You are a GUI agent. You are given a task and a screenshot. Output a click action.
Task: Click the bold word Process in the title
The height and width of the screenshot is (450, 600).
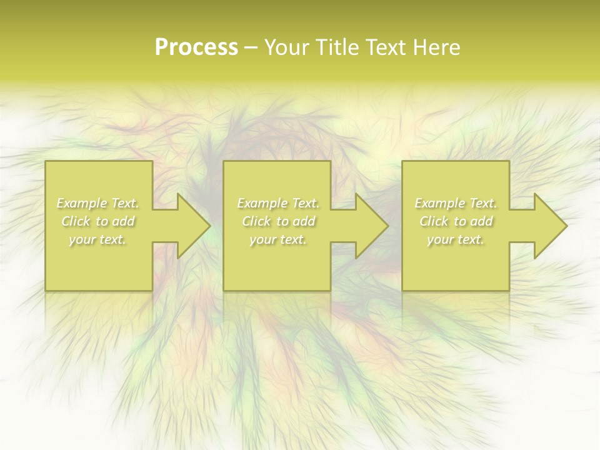[196, 47]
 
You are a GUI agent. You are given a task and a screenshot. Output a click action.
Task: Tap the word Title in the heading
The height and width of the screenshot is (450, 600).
[337, 47]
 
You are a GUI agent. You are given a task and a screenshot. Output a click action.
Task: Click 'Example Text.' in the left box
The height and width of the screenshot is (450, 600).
[97, 203]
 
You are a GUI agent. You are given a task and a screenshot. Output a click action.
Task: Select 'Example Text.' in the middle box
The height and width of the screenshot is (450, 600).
[277, 203]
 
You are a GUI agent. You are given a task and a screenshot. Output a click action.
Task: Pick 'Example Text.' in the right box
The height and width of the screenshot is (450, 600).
[456, 203]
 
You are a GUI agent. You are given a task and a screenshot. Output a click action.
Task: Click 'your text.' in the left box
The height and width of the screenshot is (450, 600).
[97, 239]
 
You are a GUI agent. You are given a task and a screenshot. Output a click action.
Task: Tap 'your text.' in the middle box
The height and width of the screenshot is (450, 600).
[277, 239]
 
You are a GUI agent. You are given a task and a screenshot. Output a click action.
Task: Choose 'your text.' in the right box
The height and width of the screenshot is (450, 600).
[456, 239]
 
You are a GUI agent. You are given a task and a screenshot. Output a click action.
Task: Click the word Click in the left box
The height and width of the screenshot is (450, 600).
[76, 221]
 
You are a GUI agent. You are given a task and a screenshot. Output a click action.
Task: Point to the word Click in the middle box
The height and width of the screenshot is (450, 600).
[256, 221]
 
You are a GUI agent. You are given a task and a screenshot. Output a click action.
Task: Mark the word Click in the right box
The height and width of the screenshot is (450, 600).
[434, 221]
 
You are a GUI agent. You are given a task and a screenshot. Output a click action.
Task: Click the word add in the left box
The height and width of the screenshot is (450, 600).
[124, 221]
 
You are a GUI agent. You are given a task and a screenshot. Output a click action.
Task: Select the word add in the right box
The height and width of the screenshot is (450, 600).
[482, 221]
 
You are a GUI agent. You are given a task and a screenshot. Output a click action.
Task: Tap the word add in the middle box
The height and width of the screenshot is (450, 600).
[304, 221]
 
